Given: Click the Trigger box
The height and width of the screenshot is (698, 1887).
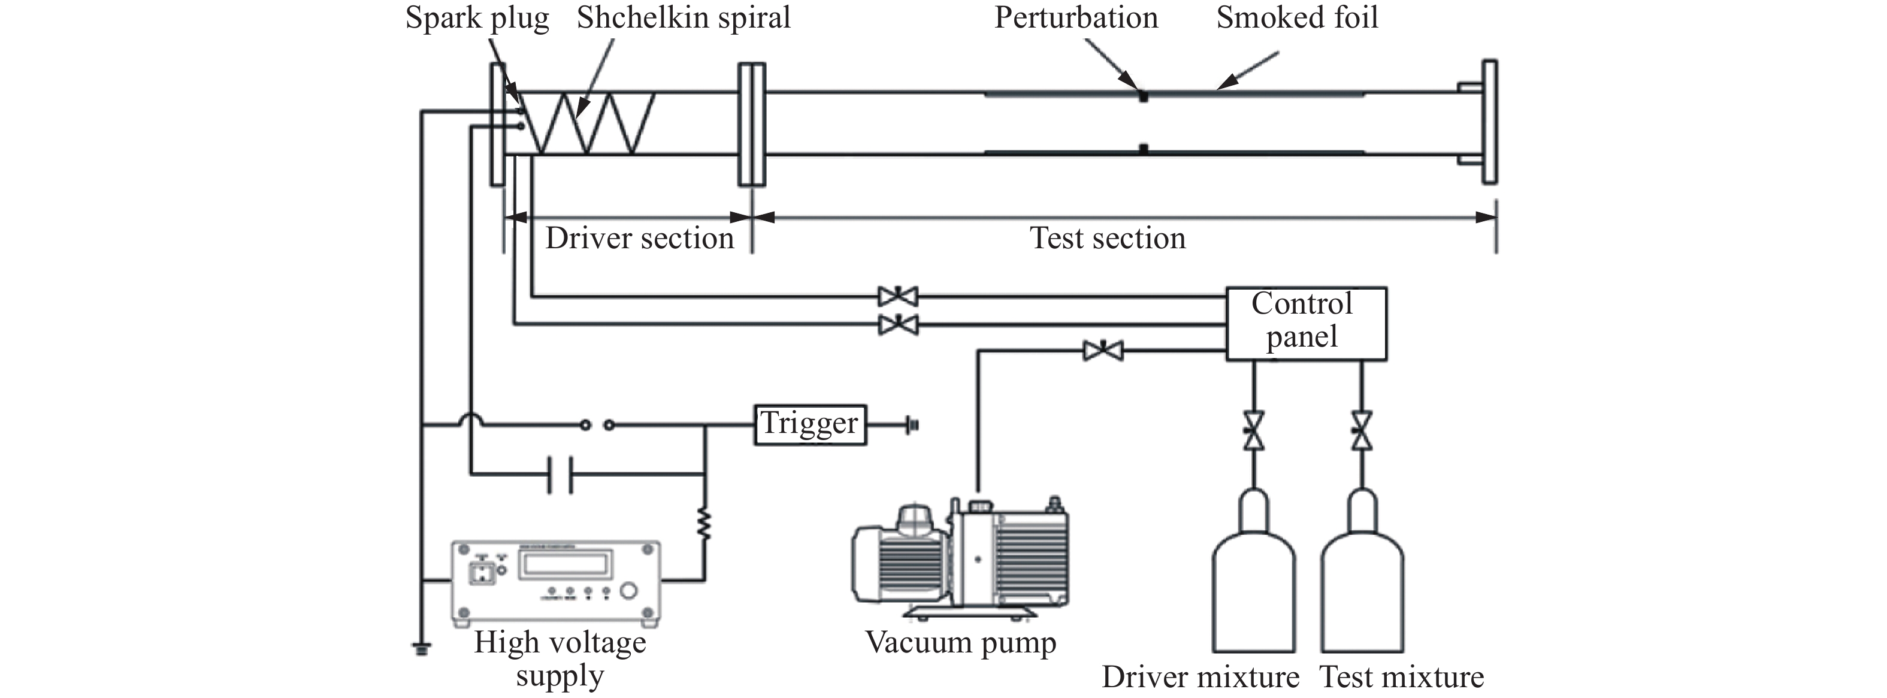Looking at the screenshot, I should point(810,425).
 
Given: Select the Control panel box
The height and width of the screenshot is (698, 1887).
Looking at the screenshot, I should point(1306,323).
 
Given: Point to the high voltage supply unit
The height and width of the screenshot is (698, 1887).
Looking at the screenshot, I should point(556,583).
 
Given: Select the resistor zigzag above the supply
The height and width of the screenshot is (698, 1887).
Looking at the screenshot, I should point(704,525).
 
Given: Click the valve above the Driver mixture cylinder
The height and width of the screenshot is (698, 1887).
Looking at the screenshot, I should point(1253,431).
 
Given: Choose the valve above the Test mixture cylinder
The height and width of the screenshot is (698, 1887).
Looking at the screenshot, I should point(1362,431).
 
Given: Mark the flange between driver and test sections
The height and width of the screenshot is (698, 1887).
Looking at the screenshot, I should point(752,123).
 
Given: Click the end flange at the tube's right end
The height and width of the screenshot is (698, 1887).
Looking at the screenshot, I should point(1489,122).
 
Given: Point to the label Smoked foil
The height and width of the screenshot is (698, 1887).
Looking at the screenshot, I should point(1298,17).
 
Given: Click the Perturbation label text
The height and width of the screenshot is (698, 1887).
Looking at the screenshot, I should point(1076,17).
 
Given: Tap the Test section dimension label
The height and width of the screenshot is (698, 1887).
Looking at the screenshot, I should point(1108,238).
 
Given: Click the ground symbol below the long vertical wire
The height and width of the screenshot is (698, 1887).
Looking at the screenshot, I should point(421,648).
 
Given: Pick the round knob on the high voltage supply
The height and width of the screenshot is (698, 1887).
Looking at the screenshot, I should point(628,591).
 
